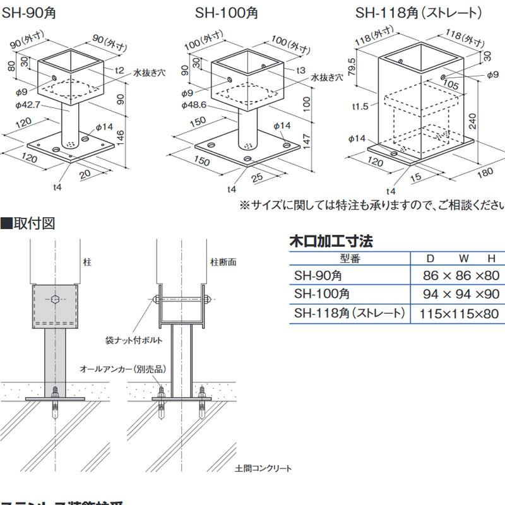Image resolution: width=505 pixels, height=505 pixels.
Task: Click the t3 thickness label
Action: coord(300,69)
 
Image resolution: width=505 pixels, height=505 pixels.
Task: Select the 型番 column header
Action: coord(349,258)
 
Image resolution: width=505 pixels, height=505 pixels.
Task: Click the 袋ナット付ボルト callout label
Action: coord(134,340)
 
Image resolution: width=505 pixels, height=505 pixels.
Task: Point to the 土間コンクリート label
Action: coord(263,468)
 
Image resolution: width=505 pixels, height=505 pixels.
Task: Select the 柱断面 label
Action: coord(223,261)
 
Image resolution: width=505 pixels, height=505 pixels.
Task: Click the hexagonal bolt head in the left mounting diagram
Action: coord(56,299)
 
